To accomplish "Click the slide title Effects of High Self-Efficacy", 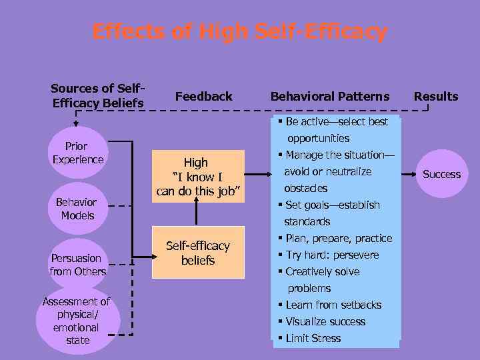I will click(239, 31).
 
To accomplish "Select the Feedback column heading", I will click(203, 96).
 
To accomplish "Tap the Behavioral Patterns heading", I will click(330, 96).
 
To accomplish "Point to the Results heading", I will click(436, 96).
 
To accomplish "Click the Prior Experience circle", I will click(78, 153).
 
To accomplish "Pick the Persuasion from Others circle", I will click(78, 264).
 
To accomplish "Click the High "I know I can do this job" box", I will click(196, 177).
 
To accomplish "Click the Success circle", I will click(441, 173).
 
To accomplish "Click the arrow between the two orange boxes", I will click(197, 214).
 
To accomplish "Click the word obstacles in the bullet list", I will click(305, 188).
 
